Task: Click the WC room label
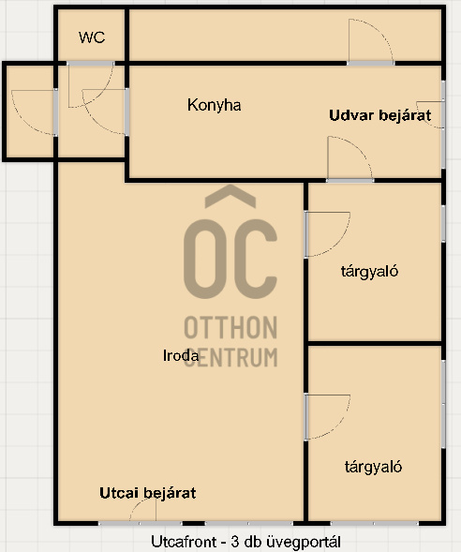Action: [92, 37]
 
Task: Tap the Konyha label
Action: [214, 105]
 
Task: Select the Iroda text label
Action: [181, 355]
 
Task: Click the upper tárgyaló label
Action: [369, 272]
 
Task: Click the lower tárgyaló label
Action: [373, 467]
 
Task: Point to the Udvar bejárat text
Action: [380, 115]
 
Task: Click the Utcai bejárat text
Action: [148, 493]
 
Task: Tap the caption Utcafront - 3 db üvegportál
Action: [245, 542]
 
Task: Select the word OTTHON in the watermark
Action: [230, 327]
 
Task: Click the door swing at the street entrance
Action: [142, 509]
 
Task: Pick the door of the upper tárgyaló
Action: [327, 234]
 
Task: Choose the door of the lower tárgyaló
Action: [327, 417]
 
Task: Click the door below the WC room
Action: [91, 84]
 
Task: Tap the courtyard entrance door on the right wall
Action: [431, 114]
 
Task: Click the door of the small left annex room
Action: [35, 112]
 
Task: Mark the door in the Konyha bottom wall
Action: [350, 158]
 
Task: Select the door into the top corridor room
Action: [371, 41]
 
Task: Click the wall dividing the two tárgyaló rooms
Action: [375, 343]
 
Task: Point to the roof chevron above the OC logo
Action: [230, 196]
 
